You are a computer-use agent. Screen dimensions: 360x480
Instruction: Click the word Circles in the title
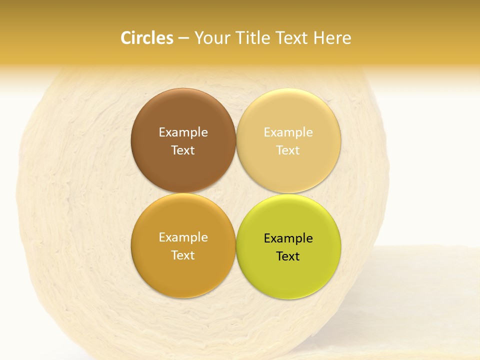point(147,38)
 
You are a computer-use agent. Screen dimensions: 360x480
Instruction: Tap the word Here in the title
point(332,38)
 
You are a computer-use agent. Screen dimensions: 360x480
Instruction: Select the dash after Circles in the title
point(183,38)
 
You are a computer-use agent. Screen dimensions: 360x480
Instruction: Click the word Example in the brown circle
point(183,132)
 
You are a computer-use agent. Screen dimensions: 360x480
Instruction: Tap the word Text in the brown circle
point(183,150)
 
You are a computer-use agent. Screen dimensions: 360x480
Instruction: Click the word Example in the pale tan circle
point(288,132)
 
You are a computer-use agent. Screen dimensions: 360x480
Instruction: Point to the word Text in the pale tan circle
point(288,150)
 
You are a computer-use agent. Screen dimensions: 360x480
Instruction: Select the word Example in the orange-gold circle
point(183,237)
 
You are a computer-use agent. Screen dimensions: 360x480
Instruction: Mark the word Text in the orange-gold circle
point(183,255)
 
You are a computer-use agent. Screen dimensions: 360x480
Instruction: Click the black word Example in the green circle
point(288,238)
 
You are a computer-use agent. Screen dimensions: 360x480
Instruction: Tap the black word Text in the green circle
point(288,256)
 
